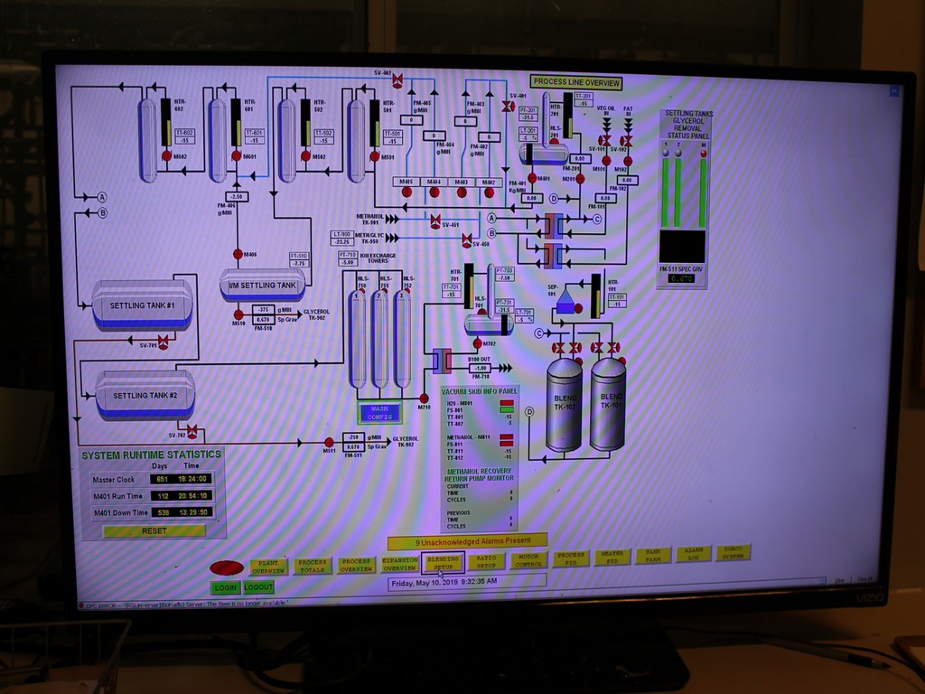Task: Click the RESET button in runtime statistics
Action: click(x=154, y=531)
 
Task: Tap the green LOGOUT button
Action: click(x=258, y=587)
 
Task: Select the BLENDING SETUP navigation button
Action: click(x=443, y=563)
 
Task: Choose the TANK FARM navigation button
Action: click(x=652, y=556)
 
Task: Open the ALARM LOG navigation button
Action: click(x=693, y=553)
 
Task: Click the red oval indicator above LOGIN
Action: click(x=227, y=567)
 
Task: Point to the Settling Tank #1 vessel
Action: click(x=142, y=305)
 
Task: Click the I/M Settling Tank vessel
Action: click(x=262, y=285)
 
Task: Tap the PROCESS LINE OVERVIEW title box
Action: click(x=576, y=82)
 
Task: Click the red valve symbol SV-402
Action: click(x=397, y=80)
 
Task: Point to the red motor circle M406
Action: click(x=238, y=254)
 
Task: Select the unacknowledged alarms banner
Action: click(x=467, y=542)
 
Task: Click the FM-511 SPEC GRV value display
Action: click(x=682, y=278)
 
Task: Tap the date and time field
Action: click(x=466, y=582)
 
